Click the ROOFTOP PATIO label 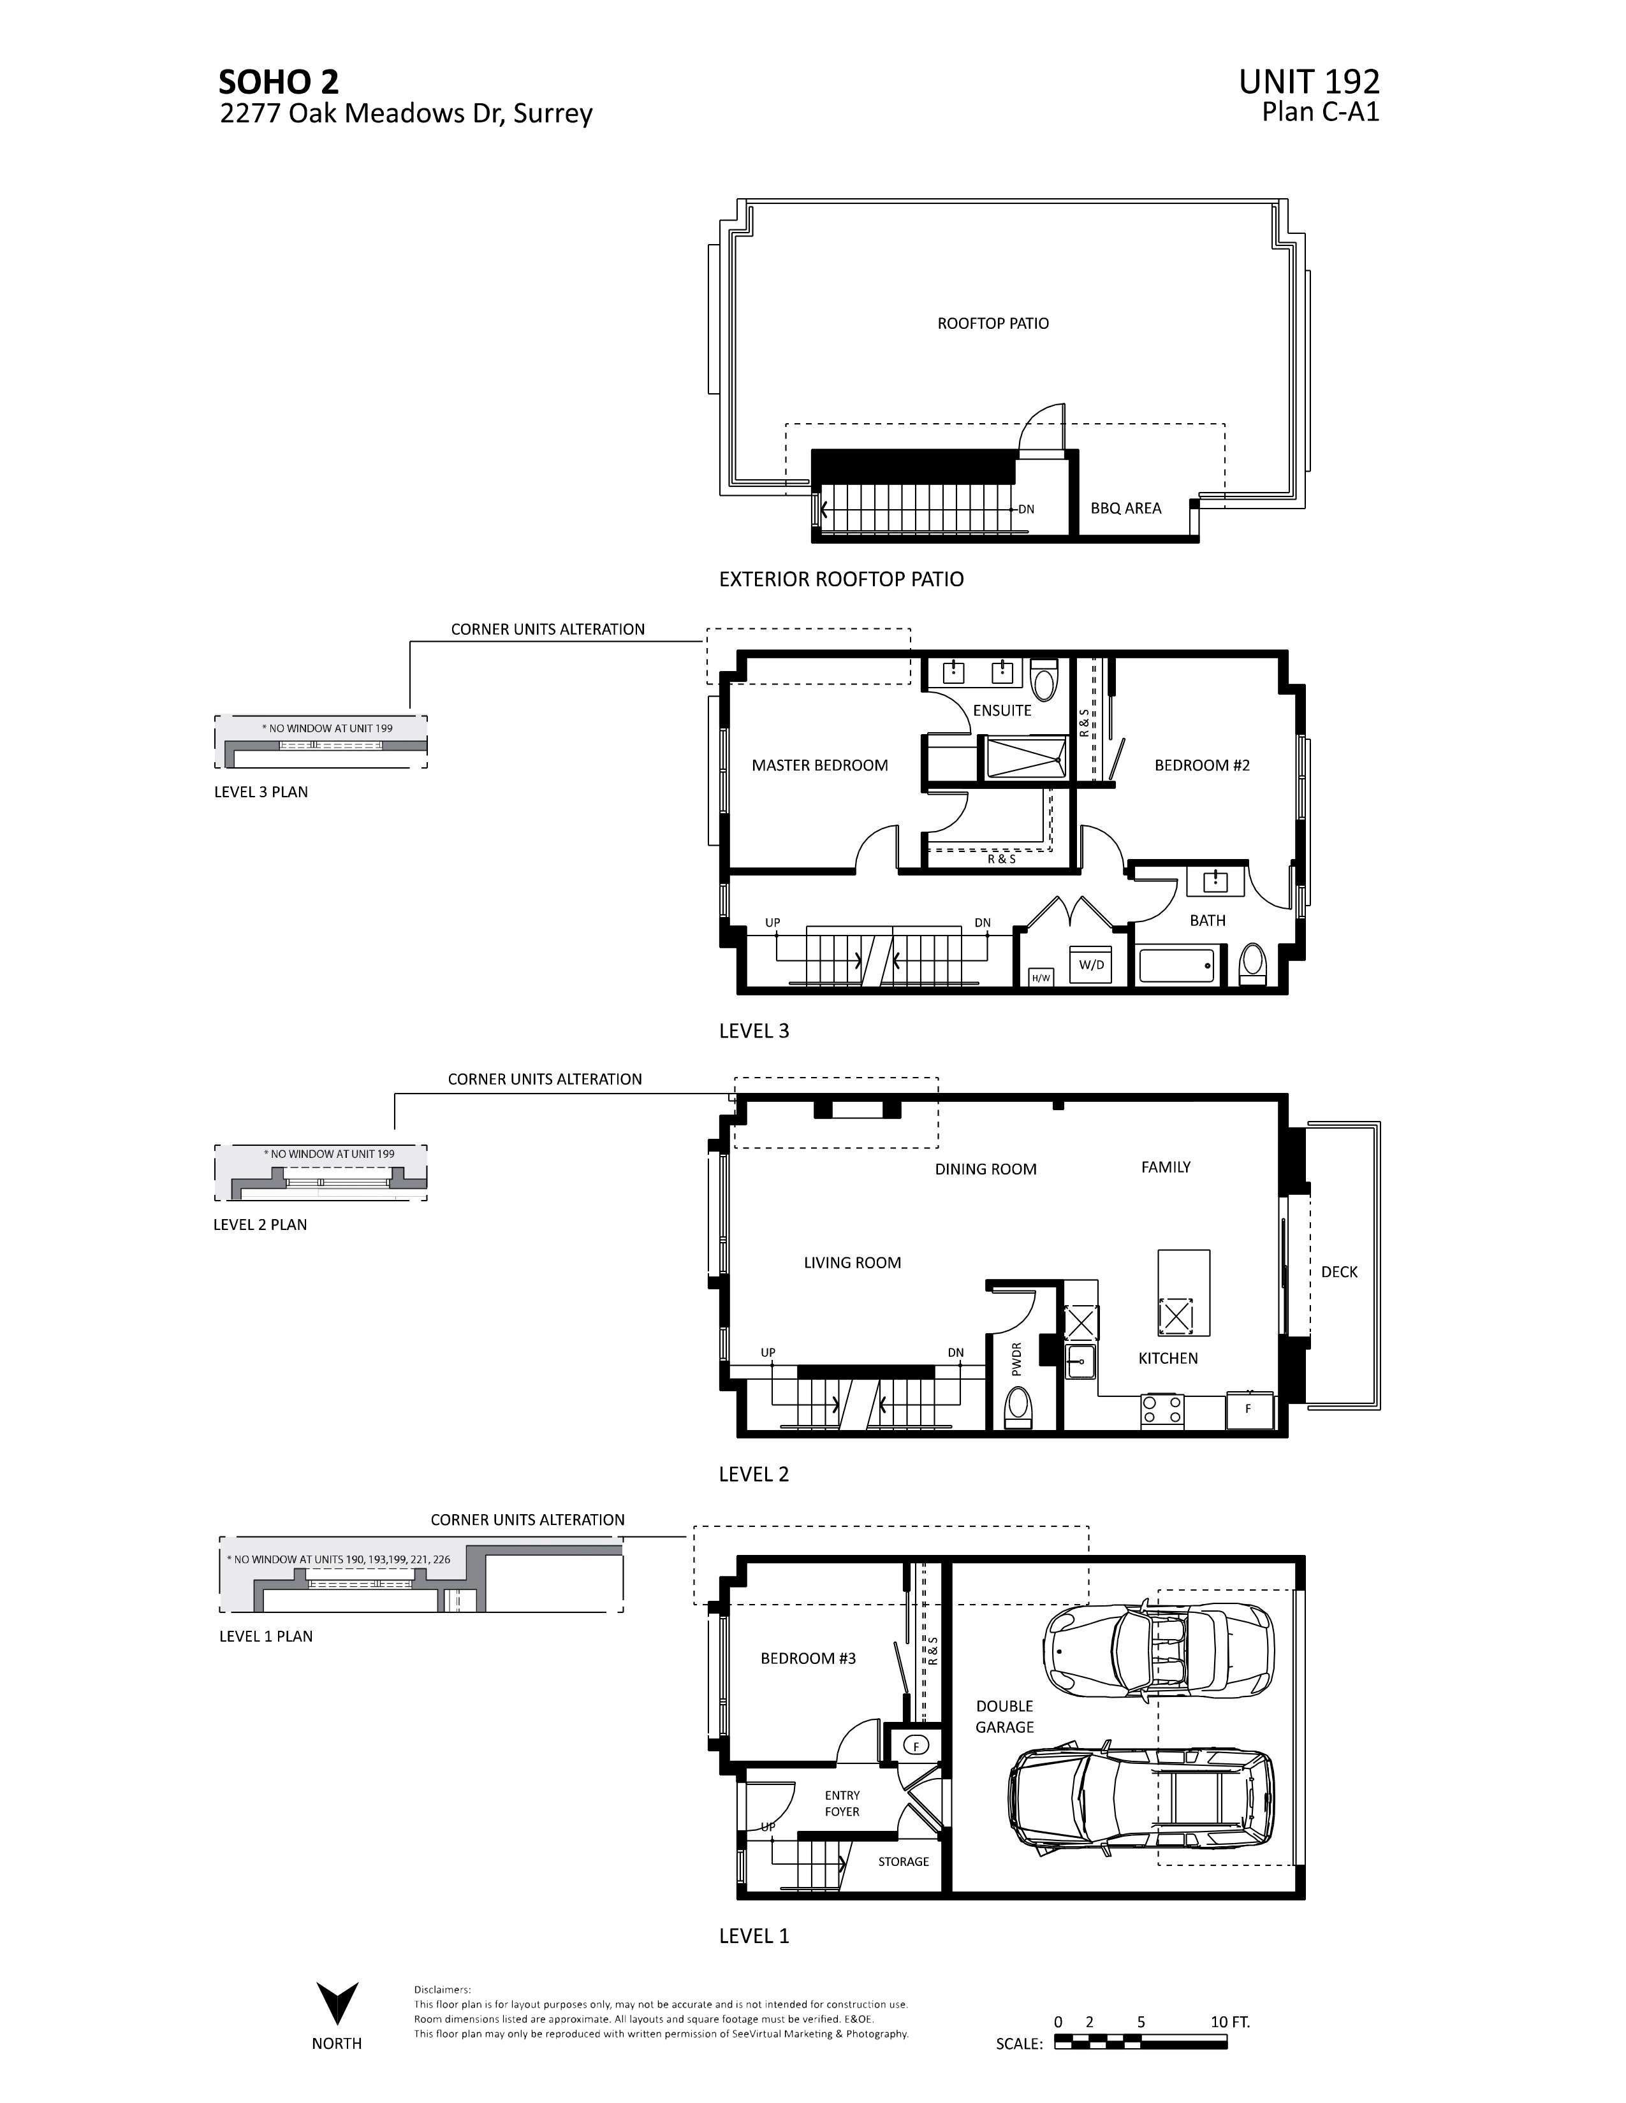992,324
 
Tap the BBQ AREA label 1125,509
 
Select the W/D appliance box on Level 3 1090,964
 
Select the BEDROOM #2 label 1201,765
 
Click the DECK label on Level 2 1338,1272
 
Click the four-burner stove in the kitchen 1162,1411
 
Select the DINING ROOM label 985,1169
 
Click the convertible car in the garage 1157,1651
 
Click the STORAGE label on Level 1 902,1861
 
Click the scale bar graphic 1141,2043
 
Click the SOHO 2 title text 279,82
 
